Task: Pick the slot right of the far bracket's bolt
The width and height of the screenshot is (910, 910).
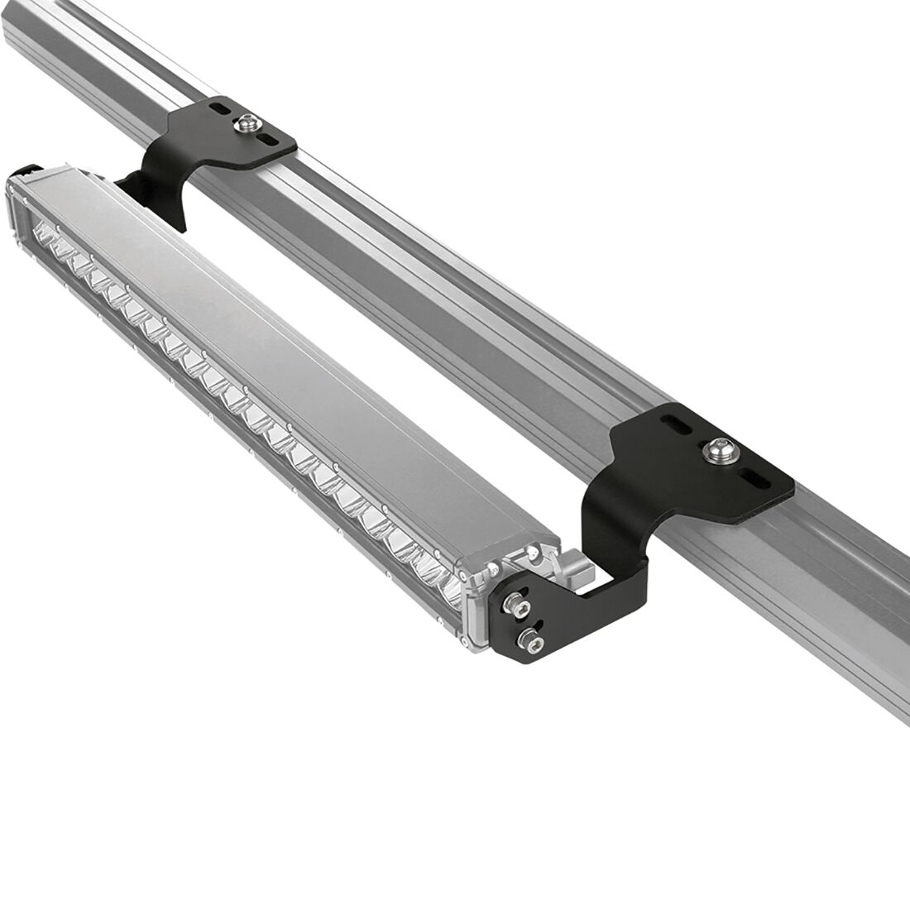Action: pos(271,141)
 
